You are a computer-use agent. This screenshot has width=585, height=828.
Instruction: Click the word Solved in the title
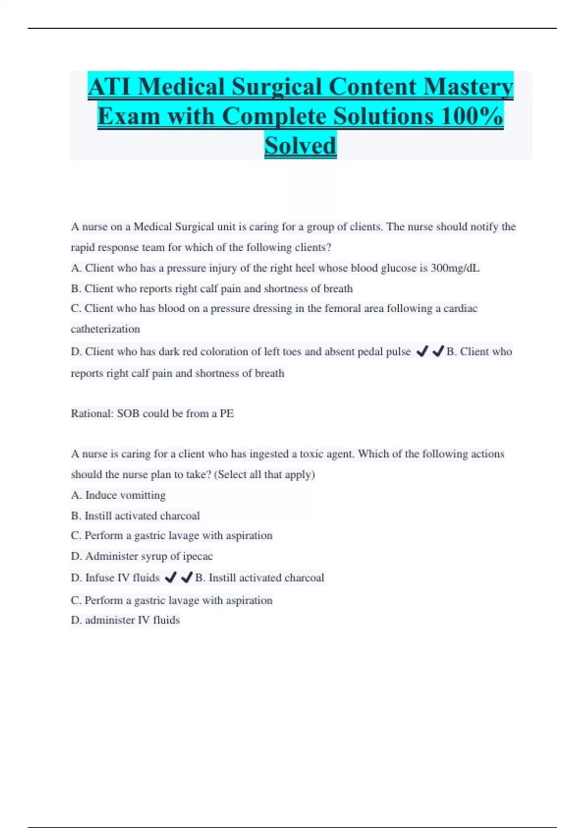(x=300, y=145)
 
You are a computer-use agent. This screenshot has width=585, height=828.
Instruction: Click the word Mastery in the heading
(x=468, y=87)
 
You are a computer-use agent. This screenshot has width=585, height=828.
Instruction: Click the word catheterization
(x=105, y=329)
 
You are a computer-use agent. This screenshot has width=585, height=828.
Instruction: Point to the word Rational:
(x=92, y=414)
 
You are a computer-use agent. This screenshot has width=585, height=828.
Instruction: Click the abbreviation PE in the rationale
(x=227, y=414)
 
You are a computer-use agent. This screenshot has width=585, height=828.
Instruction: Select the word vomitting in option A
(x=142, y=495)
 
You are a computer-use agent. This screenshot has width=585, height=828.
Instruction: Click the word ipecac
(x=197, y=556)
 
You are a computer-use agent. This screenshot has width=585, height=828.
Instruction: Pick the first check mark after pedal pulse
(x=422, y=351)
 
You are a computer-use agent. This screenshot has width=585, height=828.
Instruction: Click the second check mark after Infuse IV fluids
(x=186, y=578)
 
